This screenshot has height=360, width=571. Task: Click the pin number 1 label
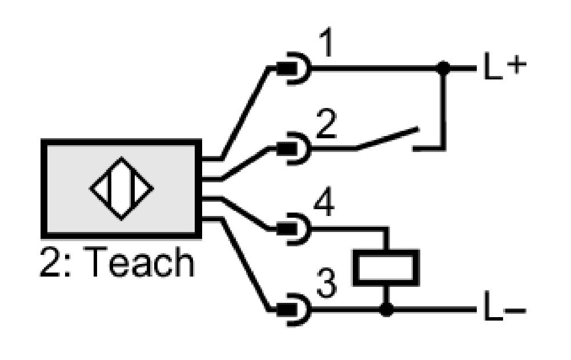coord(326,43)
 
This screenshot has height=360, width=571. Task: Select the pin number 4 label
coord(324,203)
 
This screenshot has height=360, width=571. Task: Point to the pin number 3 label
coord(327,283)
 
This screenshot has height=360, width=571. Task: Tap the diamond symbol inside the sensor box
coord(122,189)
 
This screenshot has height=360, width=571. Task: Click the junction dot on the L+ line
coord(443,68)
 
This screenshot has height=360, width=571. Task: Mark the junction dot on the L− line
coord(387,310)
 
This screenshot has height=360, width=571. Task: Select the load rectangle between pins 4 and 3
coord(387,268)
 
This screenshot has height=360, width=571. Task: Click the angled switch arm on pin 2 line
coord(387,138)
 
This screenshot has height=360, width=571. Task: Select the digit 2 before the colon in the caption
coord(51,262)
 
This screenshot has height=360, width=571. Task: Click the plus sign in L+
coord(517,65)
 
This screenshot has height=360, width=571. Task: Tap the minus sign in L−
coord(516,311)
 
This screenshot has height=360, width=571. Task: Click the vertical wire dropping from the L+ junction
coord(443,109)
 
